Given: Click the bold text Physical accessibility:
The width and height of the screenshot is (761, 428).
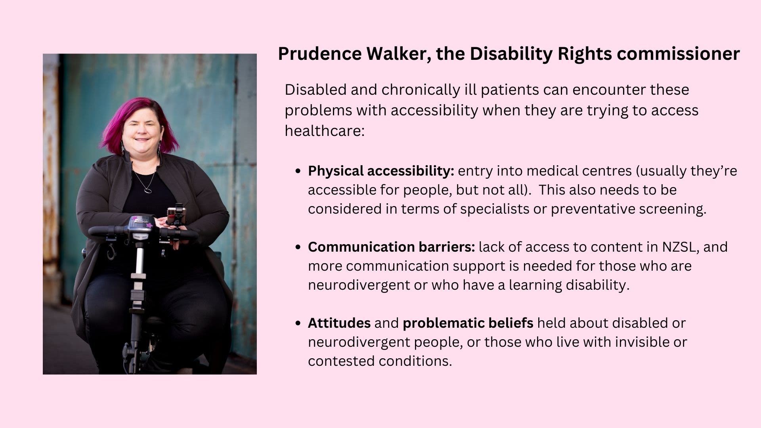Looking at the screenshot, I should (x=381, y=171).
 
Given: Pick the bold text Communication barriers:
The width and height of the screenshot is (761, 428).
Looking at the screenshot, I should (x=391, y=247).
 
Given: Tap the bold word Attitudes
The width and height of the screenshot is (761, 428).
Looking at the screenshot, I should (x=339, y=323).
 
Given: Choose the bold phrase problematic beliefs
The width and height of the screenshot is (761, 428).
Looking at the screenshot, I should (x=468, y=323).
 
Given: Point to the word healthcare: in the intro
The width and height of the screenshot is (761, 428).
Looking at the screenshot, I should (x=324, y=131).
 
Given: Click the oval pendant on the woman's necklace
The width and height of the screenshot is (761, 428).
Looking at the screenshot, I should (x=148, y=190).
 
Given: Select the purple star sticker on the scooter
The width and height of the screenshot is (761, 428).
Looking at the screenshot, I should (x=149, y=225).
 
